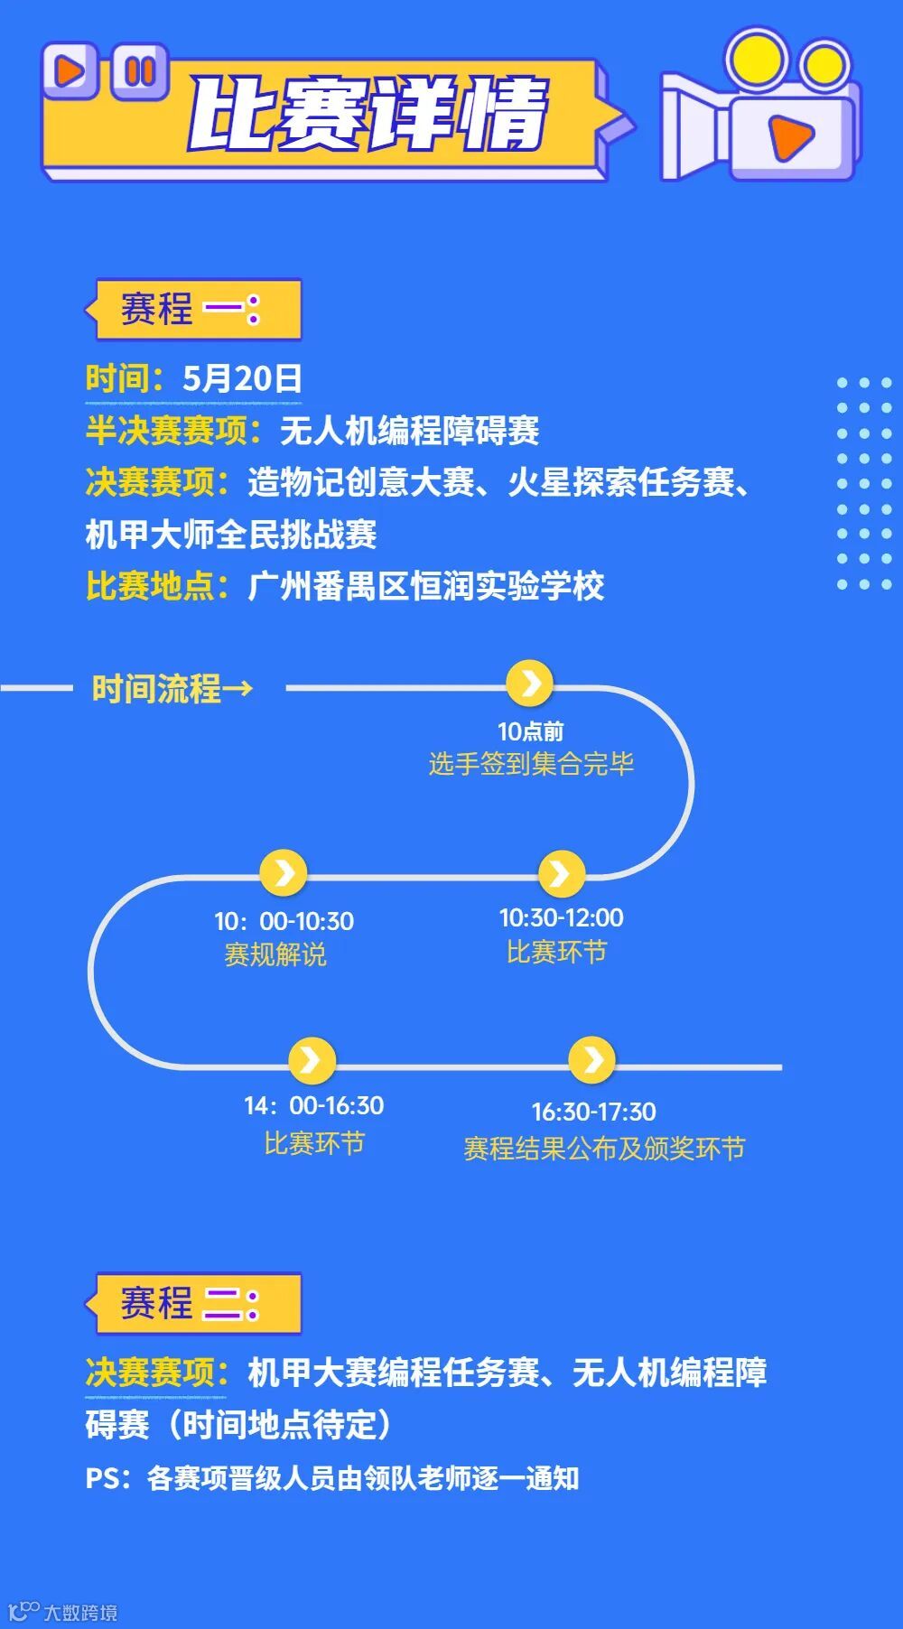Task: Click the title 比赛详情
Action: [x=368, y=115]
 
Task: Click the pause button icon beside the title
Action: [x=140, y=70]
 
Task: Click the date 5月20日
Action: [x=242, y=378]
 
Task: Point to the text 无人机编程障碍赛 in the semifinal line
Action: [x=409, y=431]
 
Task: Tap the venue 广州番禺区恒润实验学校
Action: [x=425, y=586]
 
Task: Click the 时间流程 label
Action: [x=171, y=689]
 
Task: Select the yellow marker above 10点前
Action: [x=530, y=683]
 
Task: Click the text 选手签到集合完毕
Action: [x=531, y=764]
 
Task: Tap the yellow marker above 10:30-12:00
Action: [x=561, y=873]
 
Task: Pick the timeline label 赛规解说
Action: [x=275, y=954]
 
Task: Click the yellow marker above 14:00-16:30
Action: [x=312, y=1059]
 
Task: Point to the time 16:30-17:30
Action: [x=593, y=1112]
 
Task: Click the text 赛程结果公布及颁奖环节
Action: [x=604, y=1149]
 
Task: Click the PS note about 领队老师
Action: [x=332, y=1478]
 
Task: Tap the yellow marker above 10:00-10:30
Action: [x=284, y=873]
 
